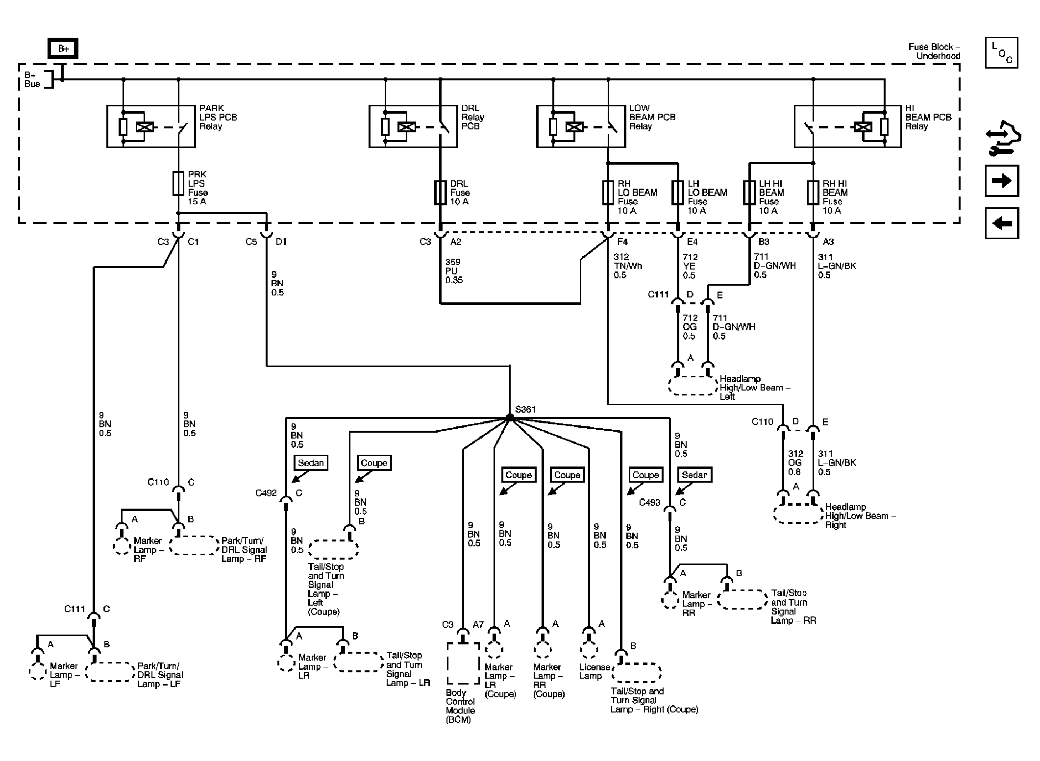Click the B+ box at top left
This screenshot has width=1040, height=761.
(63, 49)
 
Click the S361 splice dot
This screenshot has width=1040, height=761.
(510, 417)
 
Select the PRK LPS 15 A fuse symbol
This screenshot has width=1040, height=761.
(178, 183)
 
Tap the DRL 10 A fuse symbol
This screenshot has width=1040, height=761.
(440, 193)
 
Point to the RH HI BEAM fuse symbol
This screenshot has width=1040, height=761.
(813, 193)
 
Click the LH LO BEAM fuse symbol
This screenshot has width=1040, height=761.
(678, 193)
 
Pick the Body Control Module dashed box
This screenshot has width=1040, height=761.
(463, 663)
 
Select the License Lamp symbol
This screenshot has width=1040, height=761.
(589, 649)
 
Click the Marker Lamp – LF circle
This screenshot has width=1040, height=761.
(38, 671)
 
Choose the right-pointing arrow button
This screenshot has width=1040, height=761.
(1002, 181)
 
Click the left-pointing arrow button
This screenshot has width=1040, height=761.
(1002, 223)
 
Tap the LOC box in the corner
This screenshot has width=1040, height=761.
(1001, 52)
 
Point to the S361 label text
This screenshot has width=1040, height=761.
(525, 409)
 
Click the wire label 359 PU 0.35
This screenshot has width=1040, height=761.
(454, 271)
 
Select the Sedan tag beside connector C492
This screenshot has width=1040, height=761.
(311, 463)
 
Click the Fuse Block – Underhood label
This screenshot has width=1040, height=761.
(934, 51)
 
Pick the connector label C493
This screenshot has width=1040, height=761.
(649, 502)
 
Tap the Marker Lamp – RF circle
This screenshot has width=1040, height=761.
(121, 546)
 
